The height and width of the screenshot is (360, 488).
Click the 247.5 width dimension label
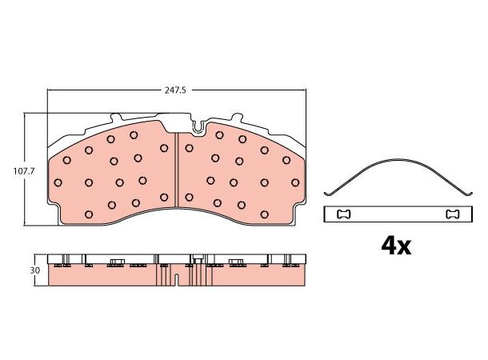tap(175, 90)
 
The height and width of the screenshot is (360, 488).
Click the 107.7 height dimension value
tap(24, 171)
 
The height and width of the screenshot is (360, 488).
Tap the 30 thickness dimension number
tap(35, 270)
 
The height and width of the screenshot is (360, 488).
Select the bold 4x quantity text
tap(396, 246)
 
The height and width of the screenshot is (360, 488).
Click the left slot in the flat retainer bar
tap(344, 214)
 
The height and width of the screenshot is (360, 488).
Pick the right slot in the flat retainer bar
tap(453, 214)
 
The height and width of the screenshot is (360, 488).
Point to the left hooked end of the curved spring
tap(327, 194)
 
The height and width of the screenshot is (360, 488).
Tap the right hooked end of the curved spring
tap(469, 194)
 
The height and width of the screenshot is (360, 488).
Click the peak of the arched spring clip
tap(398, 160)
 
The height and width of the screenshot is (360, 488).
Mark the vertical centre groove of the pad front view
tap(176, 170)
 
